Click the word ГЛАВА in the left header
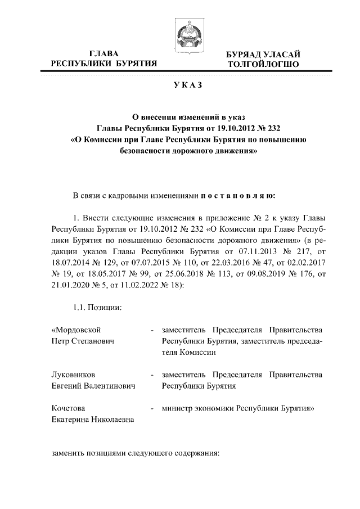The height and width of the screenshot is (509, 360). (x=103, y=54)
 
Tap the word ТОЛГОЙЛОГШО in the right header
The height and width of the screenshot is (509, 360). (x=263, y=65)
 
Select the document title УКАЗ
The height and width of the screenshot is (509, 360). (x=187, y=85)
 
